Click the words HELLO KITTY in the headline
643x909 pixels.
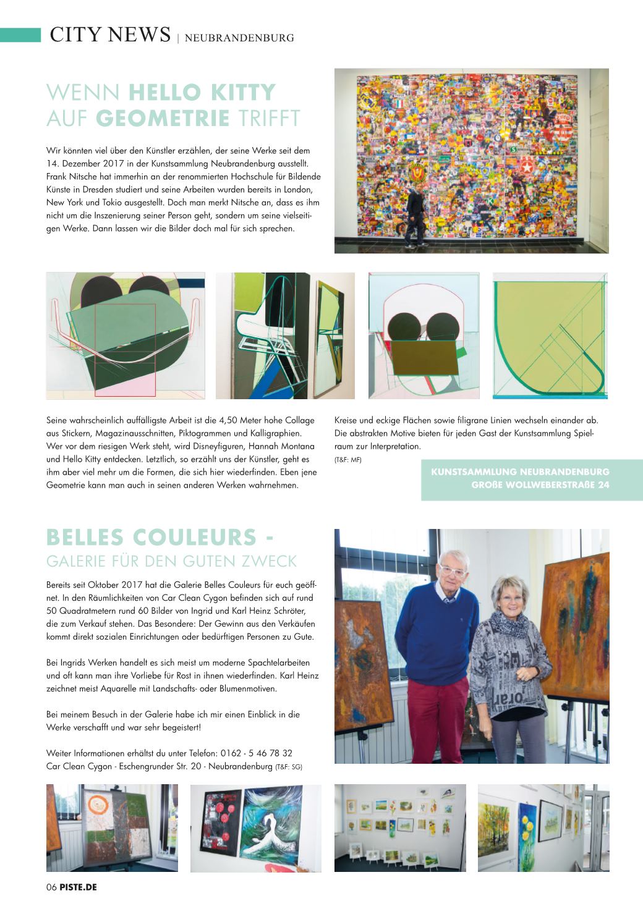[x=202, y=93]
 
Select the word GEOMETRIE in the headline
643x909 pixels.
[x=163, y=117]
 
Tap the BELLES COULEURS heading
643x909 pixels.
[x=160, y=537]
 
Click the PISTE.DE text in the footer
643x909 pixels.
[x=78, y=887]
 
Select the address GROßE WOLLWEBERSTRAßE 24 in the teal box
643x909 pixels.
[x=540, y=484]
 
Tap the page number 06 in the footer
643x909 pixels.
[x=51, y=887]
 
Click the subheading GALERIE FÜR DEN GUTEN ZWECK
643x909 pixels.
[x=172, y=561]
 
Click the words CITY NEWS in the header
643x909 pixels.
[x=110, y=35]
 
